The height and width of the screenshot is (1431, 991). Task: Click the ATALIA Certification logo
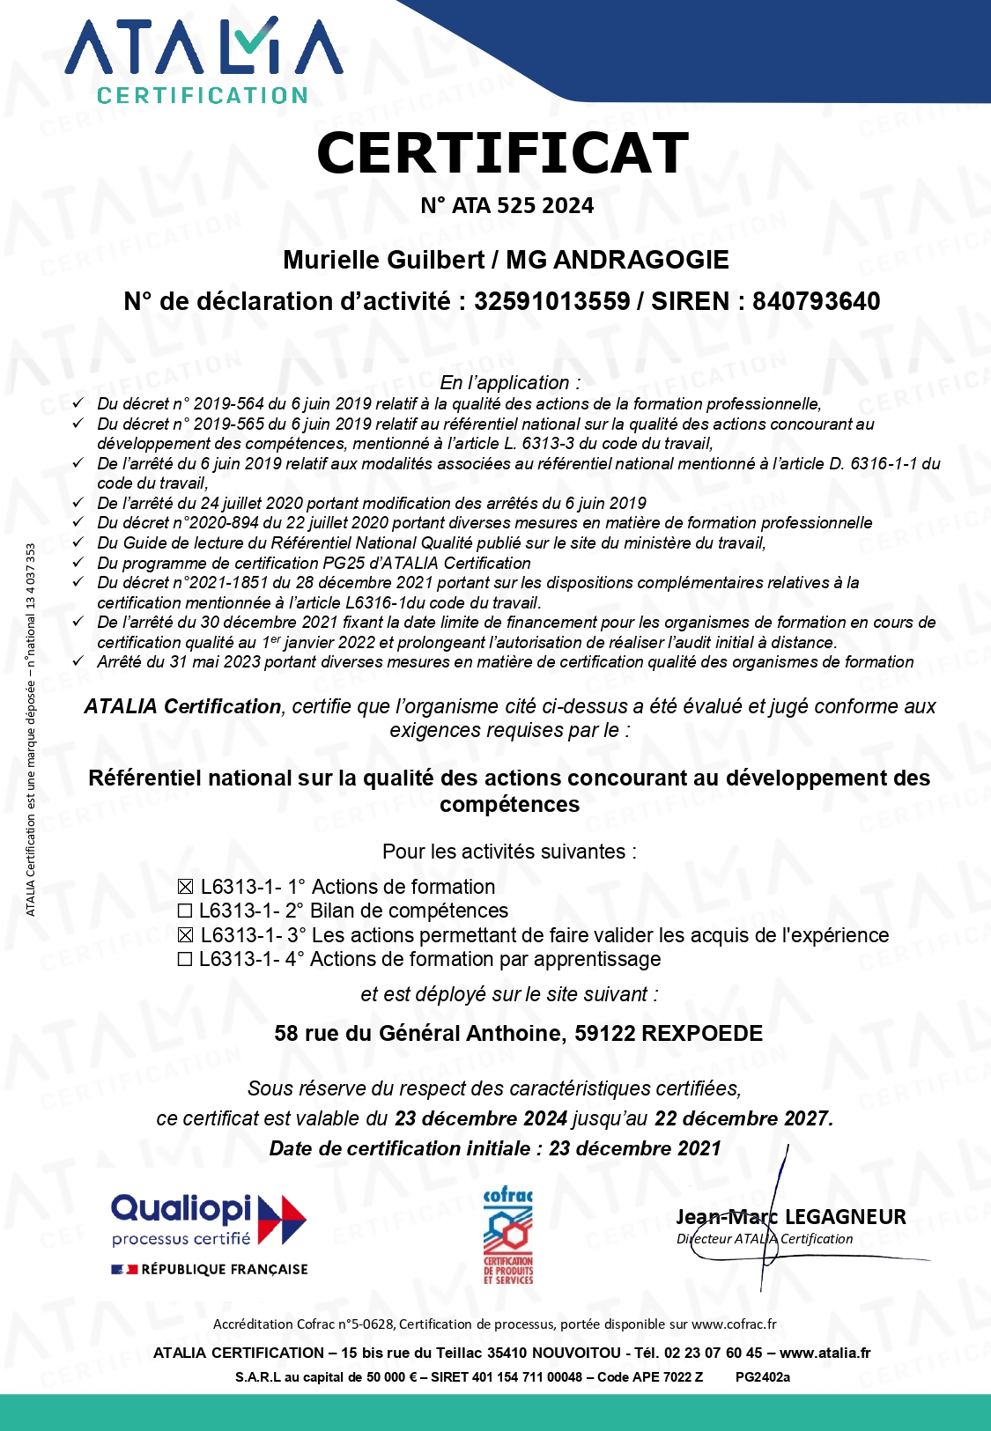coord(203,61)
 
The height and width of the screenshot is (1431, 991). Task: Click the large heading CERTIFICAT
coord(502,153)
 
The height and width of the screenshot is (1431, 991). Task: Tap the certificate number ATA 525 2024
coord(522,206)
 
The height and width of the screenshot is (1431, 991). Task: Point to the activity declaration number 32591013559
coord(551,301)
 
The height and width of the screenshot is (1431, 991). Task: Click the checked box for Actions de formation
coord(185,888)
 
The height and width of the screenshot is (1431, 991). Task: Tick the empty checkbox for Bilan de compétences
coord(185,911)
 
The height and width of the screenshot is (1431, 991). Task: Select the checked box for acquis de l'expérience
coord(185,935)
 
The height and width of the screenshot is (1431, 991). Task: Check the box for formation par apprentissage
coord(185,960)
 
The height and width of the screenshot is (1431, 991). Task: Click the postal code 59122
coord(604,1033)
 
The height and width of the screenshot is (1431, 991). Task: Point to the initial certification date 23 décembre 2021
coord(634,1148)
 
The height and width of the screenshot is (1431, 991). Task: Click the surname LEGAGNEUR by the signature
coord(845,1217)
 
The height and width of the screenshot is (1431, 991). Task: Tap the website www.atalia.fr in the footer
coord(825,1353)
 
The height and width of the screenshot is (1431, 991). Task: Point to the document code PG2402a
coord(762,1377)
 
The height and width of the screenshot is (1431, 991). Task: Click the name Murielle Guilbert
coord(383,260)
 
